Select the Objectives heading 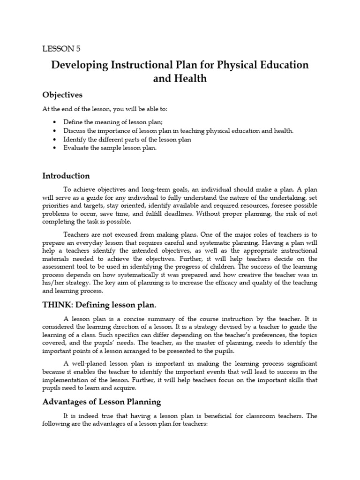(x=62, y=95)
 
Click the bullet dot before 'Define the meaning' (x=55, y=122)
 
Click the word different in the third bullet (x=109, y=140)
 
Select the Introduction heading (x=66, y=176)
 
